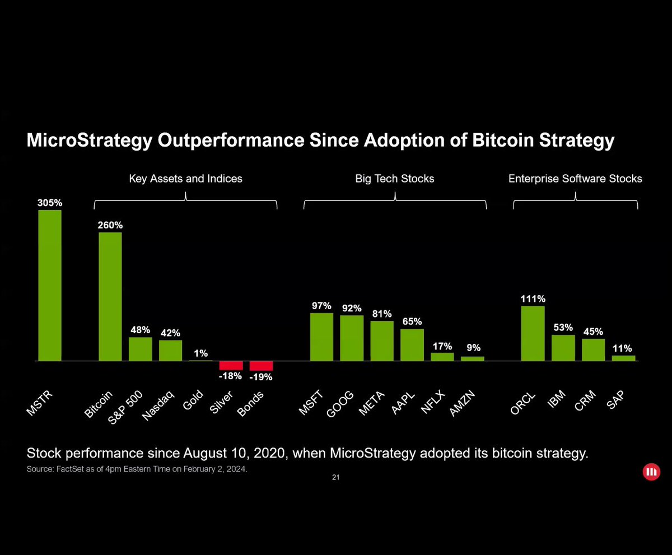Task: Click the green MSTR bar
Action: click(x=50, y=285)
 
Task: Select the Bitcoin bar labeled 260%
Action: click(x=110, y=296)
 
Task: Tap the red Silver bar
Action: click(x=231, y=365)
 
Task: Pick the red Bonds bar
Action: click(x=261, y=366)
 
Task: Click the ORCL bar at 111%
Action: click(x=533, y=333)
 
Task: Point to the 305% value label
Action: click(x=50, y=203)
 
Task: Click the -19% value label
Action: click(x=261, y=377)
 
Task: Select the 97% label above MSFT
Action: click(x=321, y=306)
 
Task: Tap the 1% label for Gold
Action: click(x=201, y=353)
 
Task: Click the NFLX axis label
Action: click(x=432, y=402)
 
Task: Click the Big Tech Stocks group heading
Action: click(x=395, y=179)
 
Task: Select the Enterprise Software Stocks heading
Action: click(x=575, y=179)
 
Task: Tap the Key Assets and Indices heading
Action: click(x=185, y=179)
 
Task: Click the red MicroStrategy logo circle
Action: click(x=651, y=472)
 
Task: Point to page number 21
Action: click(x=335, y=478)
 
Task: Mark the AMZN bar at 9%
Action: click(x=472, y=358)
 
